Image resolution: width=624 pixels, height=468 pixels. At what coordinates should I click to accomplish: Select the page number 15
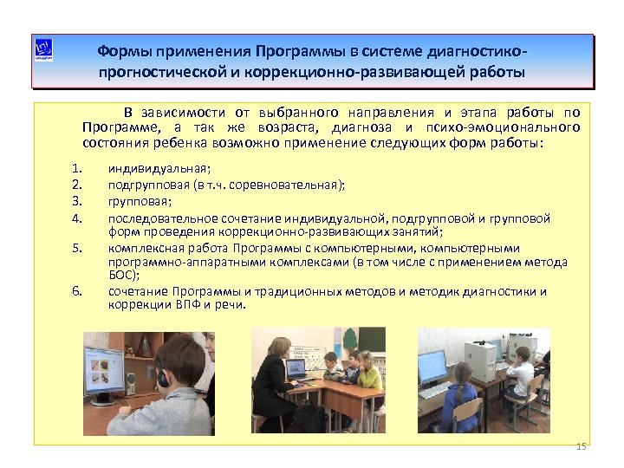[581, 446]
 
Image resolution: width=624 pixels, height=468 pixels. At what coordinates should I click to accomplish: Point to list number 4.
[77, 217]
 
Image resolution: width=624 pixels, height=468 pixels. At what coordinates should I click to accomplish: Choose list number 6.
[77, 291]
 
